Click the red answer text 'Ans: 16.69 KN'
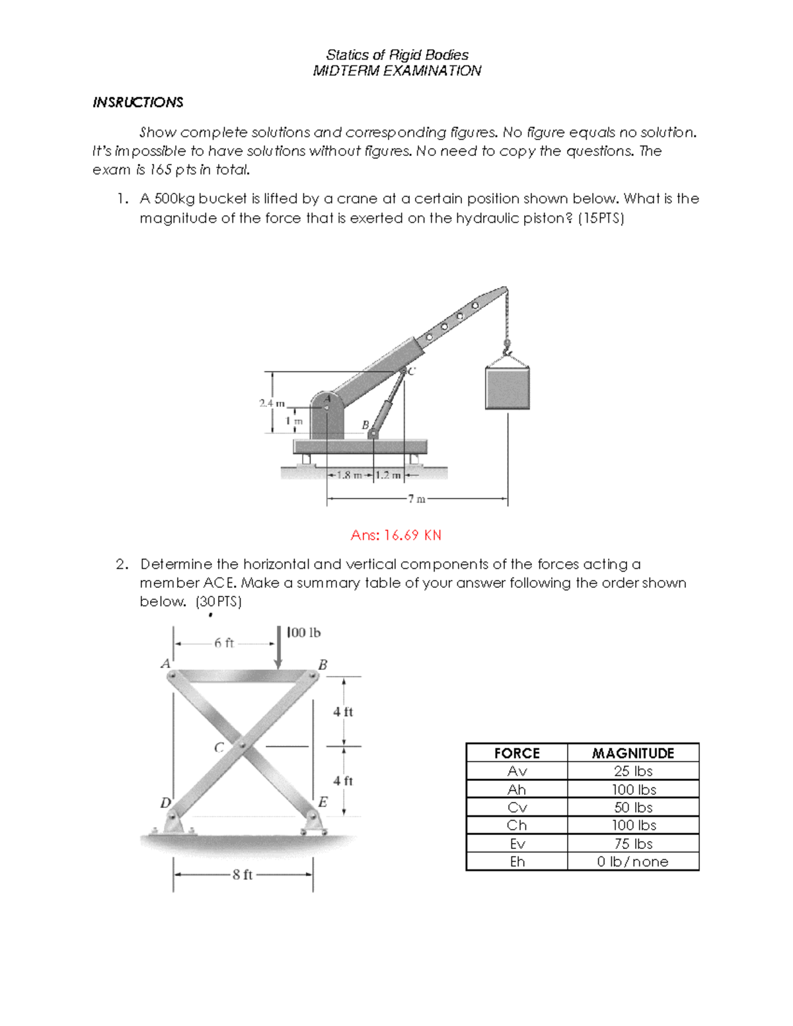tap(396, 535)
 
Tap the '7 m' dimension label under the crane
tap(416, 499)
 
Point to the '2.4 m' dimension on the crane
tap(271, 402)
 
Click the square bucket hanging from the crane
tap(508, 388)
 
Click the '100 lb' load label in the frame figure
tap(305, 633)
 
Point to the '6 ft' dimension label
tap(224, 643)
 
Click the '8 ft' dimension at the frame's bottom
tap(243, 875)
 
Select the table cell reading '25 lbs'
tap(633, 771)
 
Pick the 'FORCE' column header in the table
tap(517, 753)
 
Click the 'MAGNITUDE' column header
tap(633, 753)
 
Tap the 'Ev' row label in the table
tap(517, 844)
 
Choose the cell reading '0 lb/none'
tap(633, 861)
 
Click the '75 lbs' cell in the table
tap(633, 844)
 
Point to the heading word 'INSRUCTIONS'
tap(138, 102)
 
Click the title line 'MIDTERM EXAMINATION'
tap(397, 71)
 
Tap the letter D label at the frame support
tap(165, 802)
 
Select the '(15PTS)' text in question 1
tap(601, 218)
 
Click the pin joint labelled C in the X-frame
tap(243, 746)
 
